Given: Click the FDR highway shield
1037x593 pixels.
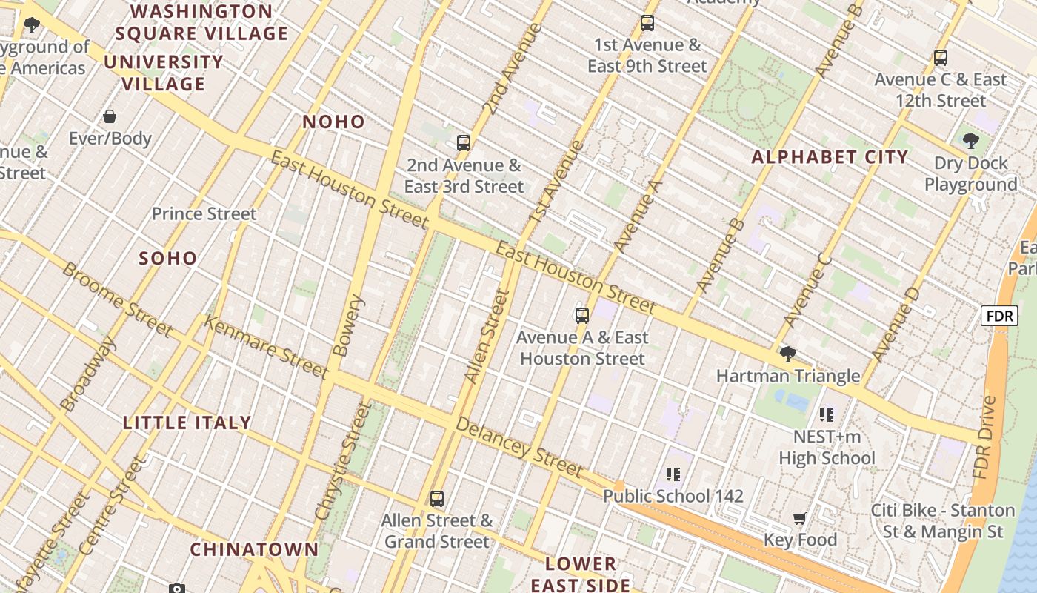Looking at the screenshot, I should click(999, 316).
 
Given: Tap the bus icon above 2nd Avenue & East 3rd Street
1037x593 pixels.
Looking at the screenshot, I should click(464, 142).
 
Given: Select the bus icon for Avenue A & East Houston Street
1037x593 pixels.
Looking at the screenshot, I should click(582, 315).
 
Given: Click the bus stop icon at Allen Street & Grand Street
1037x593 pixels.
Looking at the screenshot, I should click(437, 498).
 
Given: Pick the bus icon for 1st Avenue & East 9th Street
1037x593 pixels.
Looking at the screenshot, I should click(647, 22).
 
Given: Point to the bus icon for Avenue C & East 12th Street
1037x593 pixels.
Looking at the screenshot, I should click(941, 57).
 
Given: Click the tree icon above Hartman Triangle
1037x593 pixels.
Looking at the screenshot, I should click(788, 354).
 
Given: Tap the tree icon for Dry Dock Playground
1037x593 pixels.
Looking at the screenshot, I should click(970, 140).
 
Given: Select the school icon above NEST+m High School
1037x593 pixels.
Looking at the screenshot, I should click(827, 414).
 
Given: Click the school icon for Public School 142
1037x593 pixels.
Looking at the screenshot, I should click(673, 473).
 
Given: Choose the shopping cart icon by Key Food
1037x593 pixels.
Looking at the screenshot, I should click(799, 517).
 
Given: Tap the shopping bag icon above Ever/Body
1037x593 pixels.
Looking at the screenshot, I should click(110, 116).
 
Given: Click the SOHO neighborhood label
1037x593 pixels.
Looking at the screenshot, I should click(168, 258).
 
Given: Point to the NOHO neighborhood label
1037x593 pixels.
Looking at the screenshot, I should click(334, 122).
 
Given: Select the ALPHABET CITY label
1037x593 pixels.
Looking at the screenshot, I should click(830, 157).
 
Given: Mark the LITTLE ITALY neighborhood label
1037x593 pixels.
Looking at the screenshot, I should click(187, 423).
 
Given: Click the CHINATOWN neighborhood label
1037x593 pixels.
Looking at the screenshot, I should click(254, 549).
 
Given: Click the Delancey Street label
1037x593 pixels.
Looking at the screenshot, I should click(518, 447).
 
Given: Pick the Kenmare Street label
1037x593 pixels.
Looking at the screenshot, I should click(265, 346).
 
